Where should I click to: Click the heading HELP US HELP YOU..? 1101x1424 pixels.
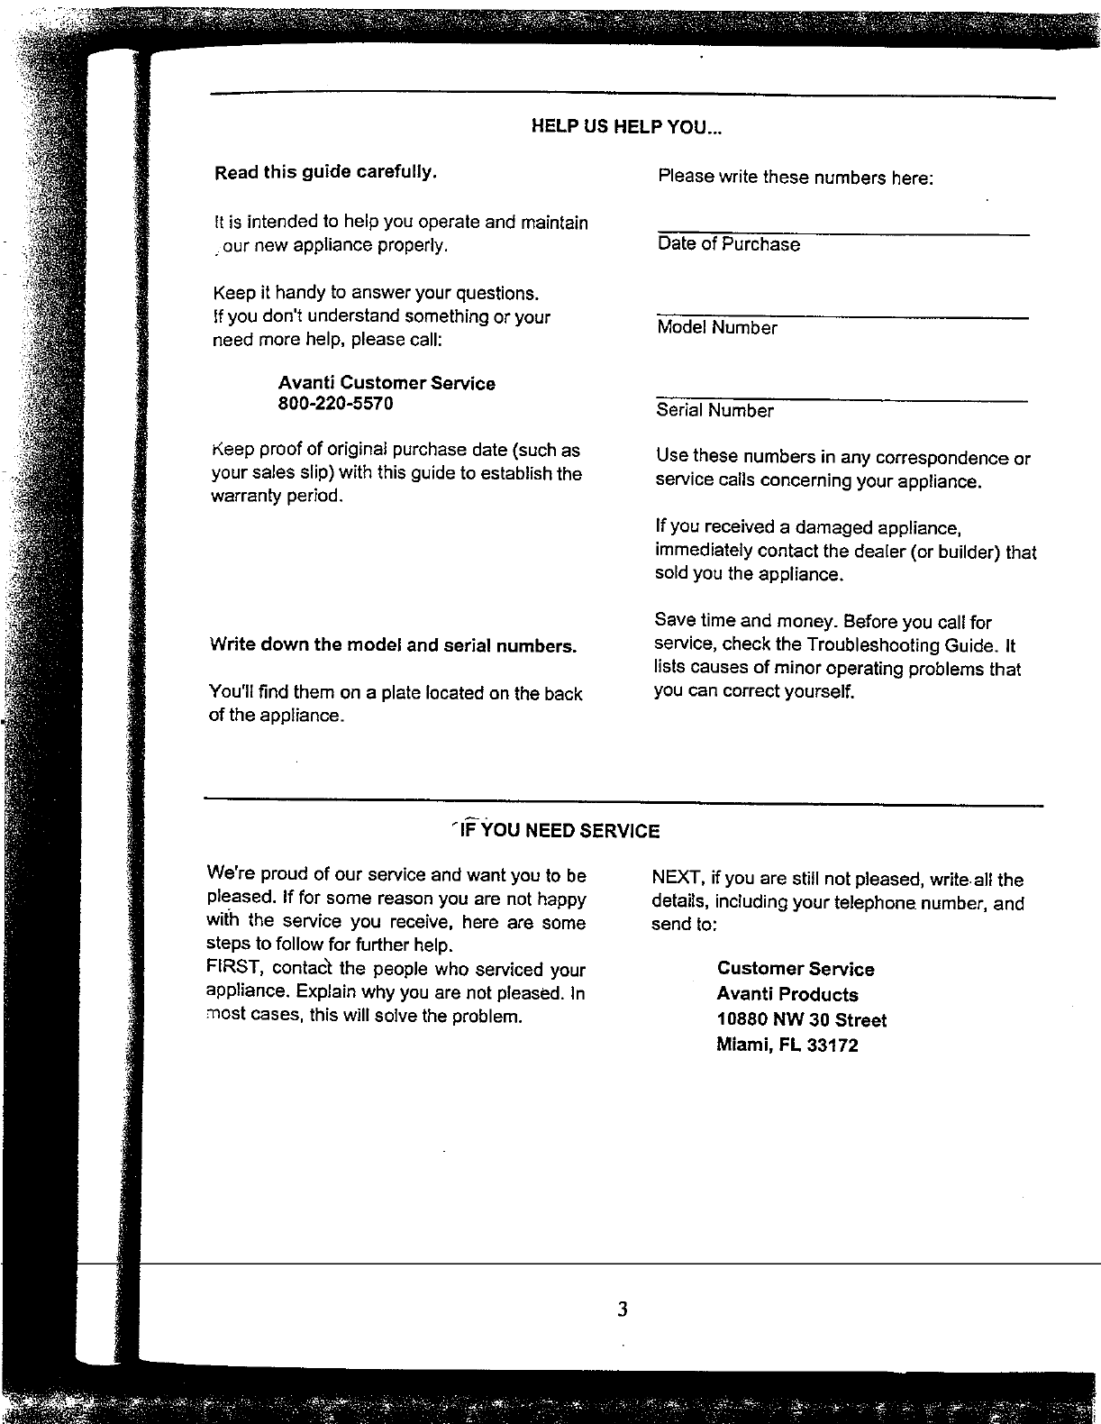pyautogui.click(x=626, y=126)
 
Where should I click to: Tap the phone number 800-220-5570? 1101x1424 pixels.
pyautogui.click(x=335, y=404)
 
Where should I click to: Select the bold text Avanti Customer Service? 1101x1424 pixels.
pyautogui.click(x=387, y=383)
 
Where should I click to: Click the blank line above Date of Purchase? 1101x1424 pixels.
pyautogui.click(x=842, y=234)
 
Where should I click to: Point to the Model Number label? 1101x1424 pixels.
pyautogui.click(x=716, y=328)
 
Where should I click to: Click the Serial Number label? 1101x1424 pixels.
pyautogui.click(x=714, y=411)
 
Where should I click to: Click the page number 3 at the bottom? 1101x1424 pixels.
pyautogui.click(x=623, y=1309)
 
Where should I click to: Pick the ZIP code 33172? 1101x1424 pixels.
pyautogui.click(x=833, y=1045)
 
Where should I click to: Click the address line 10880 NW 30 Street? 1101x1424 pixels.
pyautogui.click(x=801, y=1020)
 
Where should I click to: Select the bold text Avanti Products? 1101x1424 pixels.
pyautogui.click(x=787, y=995)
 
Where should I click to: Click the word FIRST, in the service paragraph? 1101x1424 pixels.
pyautogui.click(x=234, y=969)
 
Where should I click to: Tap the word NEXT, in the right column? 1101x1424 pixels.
pyautogui.click(x=678, y=879)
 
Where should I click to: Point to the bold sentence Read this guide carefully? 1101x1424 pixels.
pyautogui.click(x=325, y=172)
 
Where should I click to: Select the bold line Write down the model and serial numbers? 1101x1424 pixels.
pyautogui.click(x=393, y=645)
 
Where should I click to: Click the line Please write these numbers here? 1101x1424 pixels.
pyautogui.click(x=795, y=178)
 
